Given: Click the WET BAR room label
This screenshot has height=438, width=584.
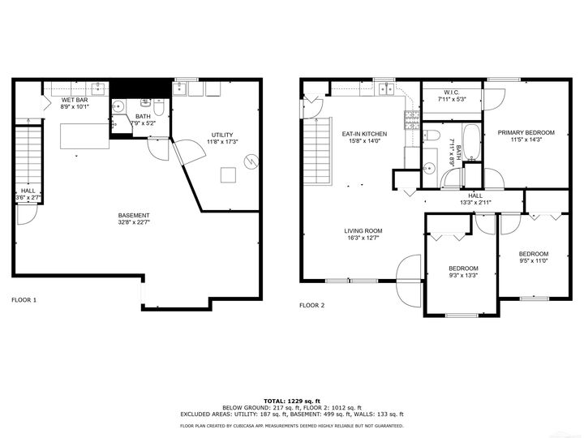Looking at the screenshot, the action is pos(75,101).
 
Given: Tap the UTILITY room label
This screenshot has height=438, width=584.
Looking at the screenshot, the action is pos(222,135).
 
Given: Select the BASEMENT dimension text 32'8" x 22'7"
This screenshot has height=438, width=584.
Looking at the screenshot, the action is pos(134,222).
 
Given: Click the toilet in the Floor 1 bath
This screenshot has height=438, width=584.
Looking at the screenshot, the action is pos(159,106).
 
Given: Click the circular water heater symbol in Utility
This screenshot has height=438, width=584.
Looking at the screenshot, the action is pos(251,161).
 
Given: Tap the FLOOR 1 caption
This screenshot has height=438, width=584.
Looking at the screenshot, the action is pos(24,300).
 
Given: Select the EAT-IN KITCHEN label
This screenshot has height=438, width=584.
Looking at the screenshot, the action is pos(365,134).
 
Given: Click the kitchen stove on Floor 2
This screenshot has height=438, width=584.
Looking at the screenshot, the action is pos(412,120).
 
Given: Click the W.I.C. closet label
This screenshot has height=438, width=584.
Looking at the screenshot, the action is pos(452,92).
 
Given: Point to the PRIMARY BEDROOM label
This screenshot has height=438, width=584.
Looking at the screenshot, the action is pos(526,132).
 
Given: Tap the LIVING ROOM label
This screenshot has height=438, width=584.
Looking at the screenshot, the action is pos(363,231).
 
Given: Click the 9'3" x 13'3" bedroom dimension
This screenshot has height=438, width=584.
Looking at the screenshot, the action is pos(463,276).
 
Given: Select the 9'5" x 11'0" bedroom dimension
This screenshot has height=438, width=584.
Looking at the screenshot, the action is pos(534,261).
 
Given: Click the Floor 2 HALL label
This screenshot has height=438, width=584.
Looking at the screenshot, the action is pos(475,196).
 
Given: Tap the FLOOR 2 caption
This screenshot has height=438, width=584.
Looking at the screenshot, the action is pos(311,306).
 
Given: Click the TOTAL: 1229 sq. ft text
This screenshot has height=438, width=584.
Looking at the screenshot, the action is pos(292,401).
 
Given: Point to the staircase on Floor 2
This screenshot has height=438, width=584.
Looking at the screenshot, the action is pos(318,151).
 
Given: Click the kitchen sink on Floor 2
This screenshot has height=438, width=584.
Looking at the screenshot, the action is pos(387,89).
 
